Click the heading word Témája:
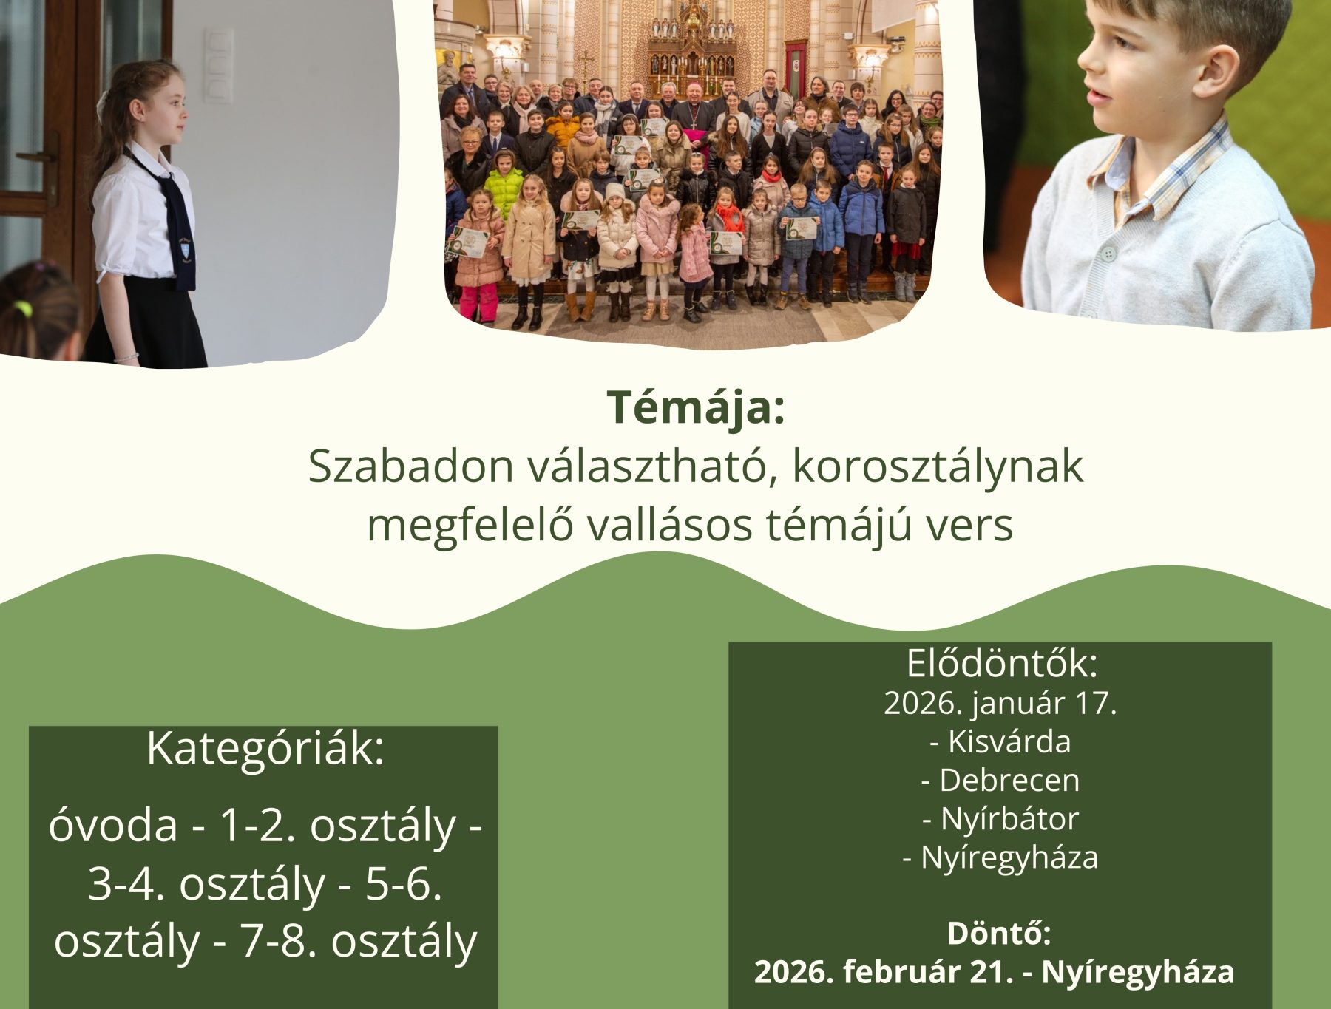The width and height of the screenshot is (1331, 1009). click(695, 407)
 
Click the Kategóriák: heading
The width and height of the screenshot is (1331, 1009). click(265, 749)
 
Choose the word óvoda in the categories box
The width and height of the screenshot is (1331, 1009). click(113, 826)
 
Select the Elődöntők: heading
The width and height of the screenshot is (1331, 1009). click(1002, 663)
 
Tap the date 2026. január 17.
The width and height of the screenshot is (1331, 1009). click(1000, 703)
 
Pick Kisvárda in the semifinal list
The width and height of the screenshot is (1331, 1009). click(1009, 741)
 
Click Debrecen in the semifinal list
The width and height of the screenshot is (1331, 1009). click(1009, 780)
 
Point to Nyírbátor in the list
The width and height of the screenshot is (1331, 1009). click(1009, 818)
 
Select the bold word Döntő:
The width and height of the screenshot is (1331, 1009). click(999, 933)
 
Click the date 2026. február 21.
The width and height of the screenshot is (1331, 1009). click(883, 971)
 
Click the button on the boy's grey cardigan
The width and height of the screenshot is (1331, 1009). click(1107, 254)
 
